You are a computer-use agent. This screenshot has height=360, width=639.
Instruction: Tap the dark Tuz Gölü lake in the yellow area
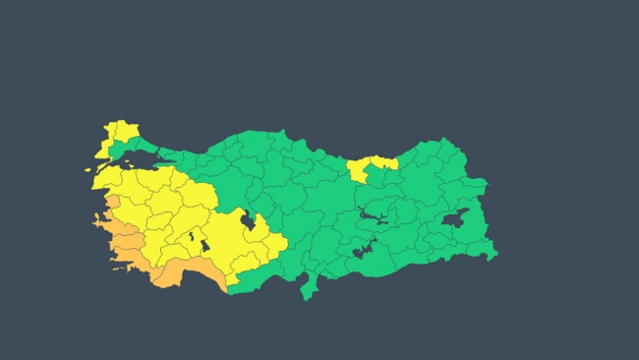250,223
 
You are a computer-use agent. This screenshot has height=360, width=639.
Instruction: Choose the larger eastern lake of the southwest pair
204,245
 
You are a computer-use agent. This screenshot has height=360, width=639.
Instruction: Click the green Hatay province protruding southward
310,286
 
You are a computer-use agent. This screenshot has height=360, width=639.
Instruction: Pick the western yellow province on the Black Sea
359,170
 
